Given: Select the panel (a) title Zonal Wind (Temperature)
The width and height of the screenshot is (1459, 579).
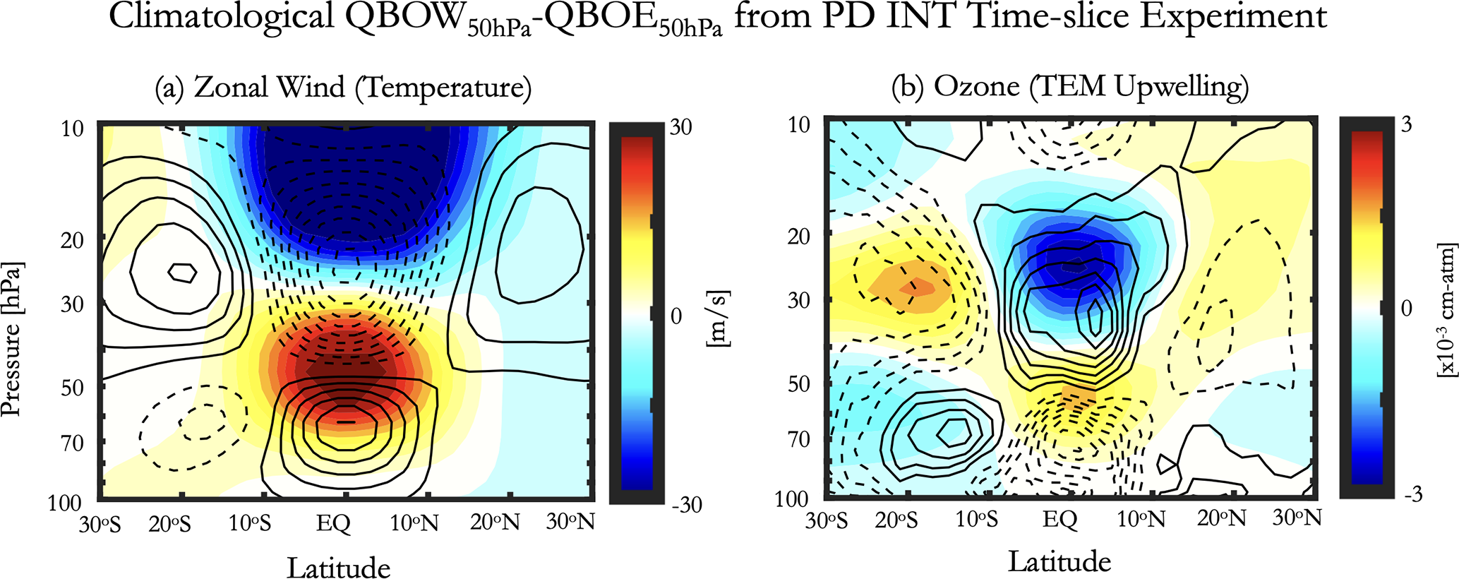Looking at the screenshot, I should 343,88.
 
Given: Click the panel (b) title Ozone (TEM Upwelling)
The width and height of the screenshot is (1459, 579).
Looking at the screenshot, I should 1070,87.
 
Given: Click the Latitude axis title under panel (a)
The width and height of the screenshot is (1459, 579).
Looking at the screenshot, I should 338,567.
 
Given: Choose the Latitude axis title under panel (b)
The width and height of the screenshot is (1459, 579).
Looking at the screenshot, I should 1059,562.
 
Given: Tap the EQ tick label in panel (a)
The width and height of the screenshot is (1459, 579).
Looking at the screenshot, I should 333,523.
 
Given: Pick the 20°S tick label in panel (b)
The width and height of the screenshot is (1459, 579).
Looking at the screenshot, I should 896,520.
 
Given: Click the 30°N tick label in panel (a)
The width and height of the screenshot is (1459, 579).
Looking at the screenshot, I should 570,523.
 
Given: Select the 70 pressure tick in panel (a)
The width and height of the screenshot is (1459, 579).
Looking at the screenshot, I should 69,443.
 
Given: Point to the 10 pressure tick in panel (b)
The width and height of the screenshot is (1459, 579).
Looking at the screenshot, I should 799,124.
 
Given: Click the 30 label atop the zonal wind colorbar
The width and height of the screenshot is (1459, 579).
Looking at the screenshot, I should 680,128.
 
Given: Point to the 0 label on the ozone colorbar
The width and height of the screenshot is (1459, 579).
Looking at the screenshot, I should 1406,309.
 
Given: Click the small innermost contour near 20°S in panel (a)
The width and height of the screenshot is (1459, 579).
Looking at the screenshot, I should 183,273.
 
